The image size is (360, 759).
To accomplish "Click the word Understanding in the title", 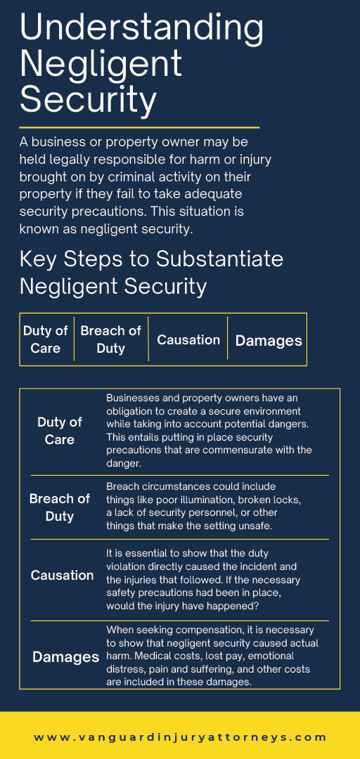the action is point(141,28).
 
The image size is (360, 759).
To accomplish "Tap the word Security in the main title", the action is point(88,100).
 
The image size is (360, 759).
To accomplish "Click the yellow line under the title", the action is point(139,128).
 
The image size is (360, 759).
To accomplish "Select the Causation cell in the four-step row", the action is point(188,340).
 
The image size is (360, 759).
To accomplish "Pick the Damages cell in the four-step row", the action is point(269,340).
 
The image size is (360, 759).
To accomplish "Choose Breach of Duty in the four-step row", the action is point(110,340).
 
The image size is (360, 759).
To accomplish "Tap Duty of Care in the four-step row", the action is point(46,340).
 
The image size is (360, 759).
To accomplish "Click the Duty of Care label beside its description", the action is point(60,431).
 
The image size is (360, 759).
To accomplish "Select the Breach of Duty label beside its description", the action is point(60,507).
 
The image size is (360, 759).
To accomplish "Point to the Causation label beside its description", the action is point(62,575).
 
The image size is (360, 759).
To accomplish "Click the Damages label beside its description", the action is point(66,657).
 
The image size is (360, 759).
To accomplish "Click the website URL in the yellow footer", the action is point(180,738).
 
